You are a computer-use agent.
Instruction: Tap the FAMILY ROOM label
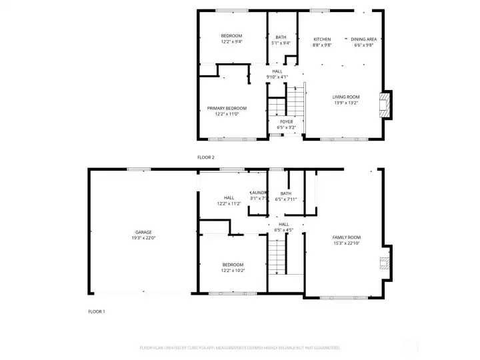tap(347, 237)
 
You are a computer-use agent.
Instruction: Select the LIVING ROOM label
tap(346, 97)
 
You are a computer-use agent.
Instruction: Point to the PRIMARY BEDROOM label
tap(227, 108)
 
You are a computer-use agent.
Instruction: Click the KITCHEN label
tap(322, 39)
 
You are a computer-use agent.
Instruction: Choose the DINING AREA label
tap(363, 39)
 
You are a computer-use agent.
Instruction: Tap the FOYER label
tap(286, 121)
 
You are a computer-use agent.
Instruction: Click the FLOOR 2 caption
tap(206, 157)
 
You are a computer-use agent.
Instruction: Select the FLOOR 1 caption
tap(97, 311)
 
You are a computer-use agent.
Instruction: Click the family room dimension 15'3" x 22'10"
tap(347, 243)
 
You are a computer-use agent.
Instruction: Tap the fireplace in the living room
tap(383, 105)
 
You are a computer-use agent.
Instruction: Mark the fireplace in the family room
tap(383, 262)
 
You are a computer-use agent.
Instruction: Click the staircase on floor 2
tap(295, 100)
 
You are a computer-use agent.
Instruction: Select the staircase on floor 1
tap(277, 257)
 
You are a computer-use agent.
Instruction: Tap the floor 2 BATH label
tap(281, 37)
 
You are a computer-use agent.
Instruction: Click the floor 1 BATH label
tap(285, 193)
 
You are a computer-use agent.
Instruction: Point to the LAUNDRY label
tap(258, 193)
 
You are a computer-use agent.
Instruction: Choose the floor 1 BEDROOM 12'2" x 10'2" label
tap(233, 265)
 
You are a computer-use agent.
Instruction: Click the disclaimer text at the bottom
tap(239, 347)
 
